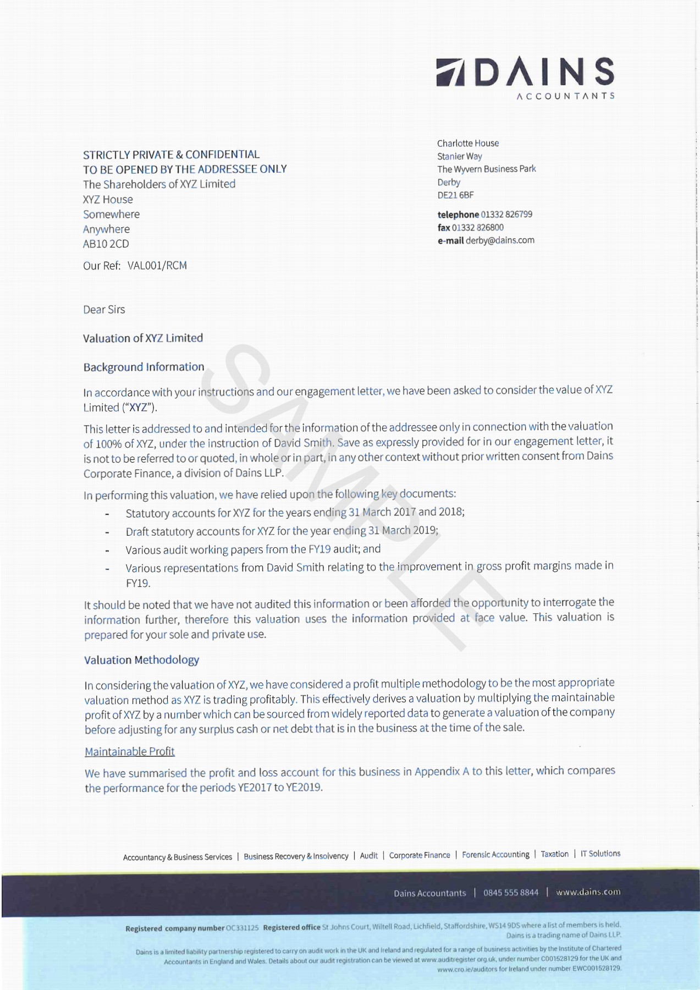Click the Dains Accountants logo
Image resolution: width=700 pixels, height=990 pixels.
525,76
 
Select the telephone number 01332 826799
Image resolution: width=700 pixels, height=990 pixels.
506,215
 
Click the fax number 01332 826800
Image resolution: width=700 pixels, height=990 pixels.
477,228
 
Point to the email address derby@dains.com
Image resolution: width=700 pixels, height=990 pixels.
500,240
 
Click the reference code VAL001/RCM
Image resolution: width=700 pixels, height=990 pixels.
157,266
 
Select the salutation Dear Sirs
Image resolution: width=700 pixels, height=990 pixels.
104,310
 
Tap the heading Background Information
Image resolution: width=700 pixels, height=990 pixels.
144,367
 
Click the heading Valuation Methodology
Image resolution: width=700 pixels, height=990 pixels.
141,660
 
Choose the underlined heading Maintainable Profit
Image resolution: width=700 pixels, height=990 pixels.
129,751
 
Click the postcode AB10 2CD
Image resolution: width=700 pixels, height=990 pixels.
106,244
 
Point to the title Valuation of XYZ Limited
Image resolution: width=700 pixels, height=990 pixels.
143,338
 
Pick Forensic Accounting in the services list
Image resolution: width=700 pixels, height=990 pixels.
495,855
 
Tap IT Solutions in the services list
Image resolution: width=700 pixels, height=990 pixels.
600,854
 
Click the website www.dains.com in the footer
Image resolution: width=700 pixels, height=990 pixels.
588,892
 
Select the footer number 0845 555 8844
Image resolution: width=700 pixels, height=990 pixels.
511,893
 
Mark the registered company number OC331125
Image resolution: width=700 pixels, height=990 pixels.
242,928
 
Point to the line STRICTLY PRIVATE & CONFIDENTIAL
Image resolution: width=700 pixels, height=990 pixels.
171,155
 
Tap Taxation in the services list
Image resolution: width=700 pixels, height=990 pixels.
554,854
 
